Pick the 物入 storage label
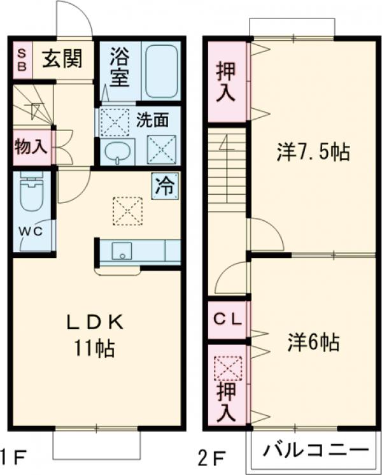(x=30, y=146)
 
